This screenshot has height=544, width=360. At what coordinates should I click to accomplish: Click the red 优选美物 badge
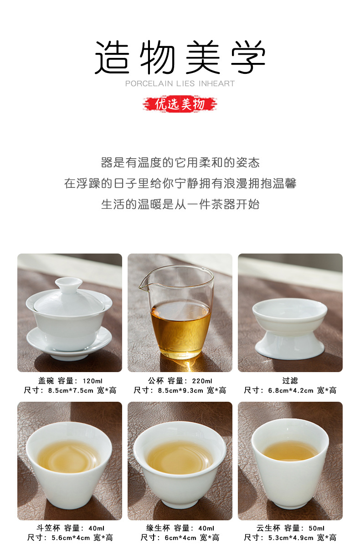coord(180,104)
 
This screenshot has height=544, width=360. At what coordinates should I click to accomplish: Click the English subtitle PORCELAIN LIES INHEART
coord(180,83)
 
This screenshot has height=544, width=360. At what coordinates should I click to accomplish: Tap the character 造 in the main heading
coord(112,57)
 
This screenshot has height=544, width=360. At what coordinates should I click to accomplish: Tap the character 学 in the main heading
coord(248,57)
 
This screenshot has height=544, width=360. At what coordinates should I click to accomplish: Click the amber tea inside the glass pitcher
coord(181,328)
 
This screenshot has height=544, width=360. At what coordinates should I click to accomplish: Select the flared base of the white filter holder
coord(290,344)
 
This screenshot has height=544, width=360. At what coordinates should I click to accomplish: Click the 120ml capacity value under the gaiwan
coord(92,381)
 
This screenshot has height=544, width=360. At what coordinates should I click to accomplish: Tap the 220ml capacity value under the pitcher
coord(202,381)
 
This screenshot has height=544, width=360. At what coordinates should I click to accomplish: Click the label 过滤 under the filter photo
coord(290,381)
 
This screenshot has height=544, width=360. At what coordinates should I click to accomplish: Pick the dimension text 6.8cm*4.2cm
coord(291,391)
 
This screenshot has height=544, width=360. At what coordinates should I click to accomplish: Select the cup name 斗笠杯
coord(48,528)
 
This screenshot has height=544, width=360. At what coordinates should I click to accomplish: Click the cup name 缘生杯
coord(158,528)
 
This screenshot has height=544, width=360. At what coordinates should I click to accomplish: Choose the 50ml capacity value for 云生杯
coord(316,528)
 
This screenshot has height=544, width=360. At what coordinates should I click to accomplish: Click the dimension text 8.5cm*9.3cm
coord(180,391)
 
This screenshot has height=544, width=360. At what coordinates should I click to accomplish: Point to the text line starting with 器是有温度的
coord(180,162)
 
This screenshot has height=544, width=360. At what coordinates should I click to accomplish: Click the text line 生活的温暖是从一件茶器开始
coord(180,204)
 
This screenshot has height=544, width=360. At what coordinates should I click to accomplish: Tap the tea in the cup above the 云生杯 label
coord(290,451)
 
